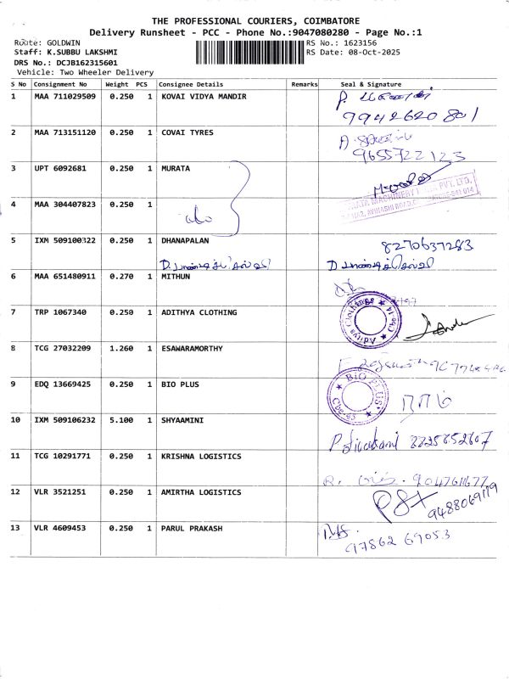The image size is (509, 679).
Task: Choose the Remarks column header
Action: click(x=304, y=85)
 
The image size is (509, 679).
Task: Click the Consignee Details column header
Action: click(x=191, y=85)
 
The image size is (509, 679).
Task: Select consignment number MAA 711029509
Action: click(x=65, y=97)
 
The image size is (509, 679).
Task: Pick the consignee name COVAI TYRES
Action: click(x=187, y=132)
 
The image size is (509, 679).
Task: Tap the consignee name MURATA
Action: click(x=176, y=168)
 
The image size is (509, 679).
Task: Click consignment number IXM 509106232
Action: click(x=65, y=420)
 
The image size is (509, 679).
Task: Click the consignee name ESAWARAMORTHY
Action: click(x=196, y=348)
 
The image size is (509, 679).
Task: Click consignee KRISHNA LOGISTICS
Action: click(x=201, y=457)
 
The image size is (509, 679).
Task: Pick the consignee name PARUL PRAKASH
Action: click(x=192, y=528)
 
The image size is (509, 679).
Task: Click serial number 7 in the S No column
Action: click(x=14, y=312)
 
